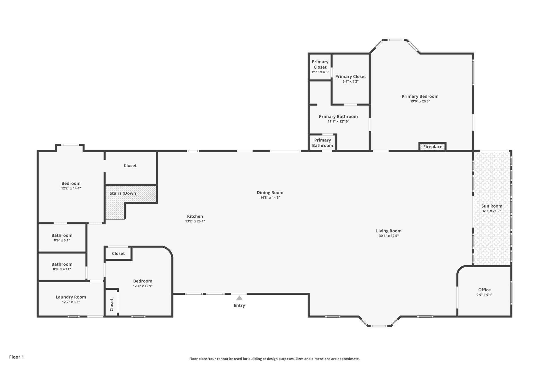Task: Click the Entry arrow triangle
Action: tap(239, 298)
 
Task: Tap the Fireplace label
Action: tap(433, 147)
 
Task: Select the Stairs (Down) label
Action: tap(124, 193)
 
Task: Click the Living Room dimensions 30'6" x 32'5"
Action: tap(389, 236)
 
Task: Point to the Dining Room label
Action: tap(270, 193)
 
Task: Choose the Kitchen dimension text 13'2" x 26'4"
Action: tap(195, 221)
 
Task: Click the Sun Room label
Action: tap(492, 206)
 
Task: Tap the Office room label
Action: tap(484, 290)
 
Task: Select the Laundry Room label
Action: tap(71, 297)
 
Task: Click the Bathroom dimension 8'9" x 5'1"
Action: tap(62, 240)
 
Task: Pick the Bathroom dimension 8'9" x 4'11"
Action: tap(62, 269)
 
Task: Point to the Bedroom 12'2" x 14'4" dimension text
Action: tap(71, 188)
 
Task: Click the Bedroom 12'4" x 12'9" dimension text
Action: tap(143, 286)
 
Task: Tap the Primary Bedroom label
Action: tap(420, 96)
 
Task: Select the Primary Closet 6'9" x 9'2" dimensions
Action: tap(351, 81)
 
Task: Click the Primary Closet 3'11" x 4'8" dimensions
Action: tap(320, 72)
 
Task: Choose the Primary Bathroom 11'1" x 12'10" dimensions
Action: tap(338, 122)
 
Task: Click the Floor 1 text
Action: tap(17, 357)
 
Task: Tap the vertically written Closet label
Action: tap(112, 305)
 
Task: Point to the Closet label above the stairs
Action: tap(130, 166)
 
